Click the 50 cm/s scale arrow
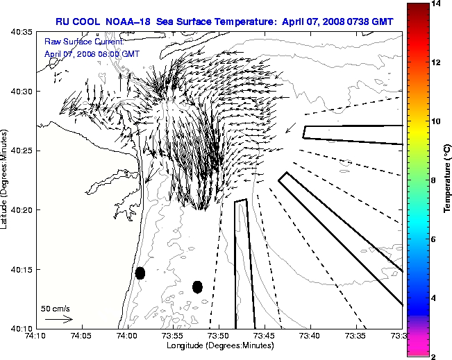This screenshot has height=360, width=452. pos(58,320)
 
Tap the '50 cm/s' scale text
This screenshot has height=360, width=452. pos(56,308)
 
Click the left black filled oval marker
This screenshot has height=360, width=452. pos(140,273)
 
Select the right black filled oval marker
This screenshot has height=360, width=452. pos(197,286)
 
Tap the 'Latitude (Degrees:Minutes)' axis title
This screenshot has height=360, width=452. pos(6,180)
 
